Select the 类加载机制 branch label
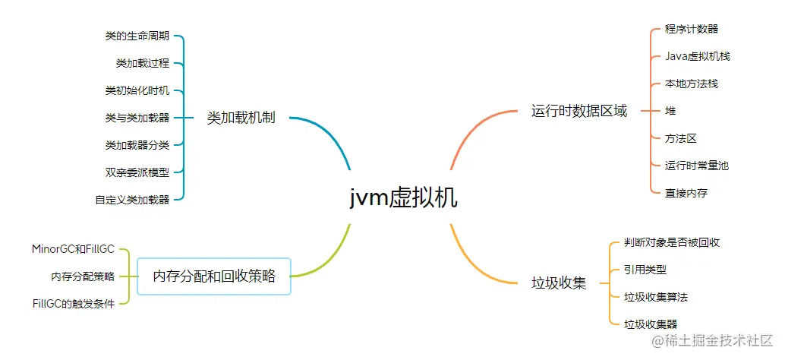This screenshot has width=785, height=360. point(241,118)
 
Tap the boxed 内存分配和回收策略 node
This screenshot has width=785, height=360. point(214,276)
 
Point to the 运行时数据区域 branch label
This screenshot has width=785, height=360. point(579,111)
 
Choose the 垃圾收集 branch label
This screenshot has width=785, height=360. point(558,283)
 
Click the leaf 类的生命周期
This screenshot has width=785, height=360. point(137,36)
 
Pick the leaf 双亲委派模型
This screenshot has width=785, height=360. point(137,172)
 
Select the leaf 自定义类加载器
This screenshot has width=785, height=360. point(132,201)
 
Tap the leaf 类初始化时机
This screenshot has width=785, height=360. point(137,90)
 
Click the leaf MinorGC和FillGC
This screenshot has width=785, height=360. point(73,249)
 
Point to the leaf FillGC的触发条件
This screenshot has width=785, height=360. point(73,304)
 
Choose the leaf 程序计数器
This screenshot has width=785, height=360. point(692,29)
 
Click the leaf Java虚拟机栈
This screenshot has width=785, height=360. point(698,56)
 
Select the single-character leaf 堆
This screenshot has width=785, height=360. point(670,111)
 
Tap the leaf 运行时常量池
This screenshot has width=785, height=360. point(696,166)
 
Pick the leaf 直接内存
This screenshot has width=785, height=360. point(686,193)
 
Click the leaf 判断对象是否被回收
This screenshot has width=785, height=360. point(672,243)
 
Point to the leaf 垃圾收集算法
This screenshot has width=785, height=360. point(656,297)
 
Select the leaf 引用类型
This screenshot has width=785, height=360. point(645,270)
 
